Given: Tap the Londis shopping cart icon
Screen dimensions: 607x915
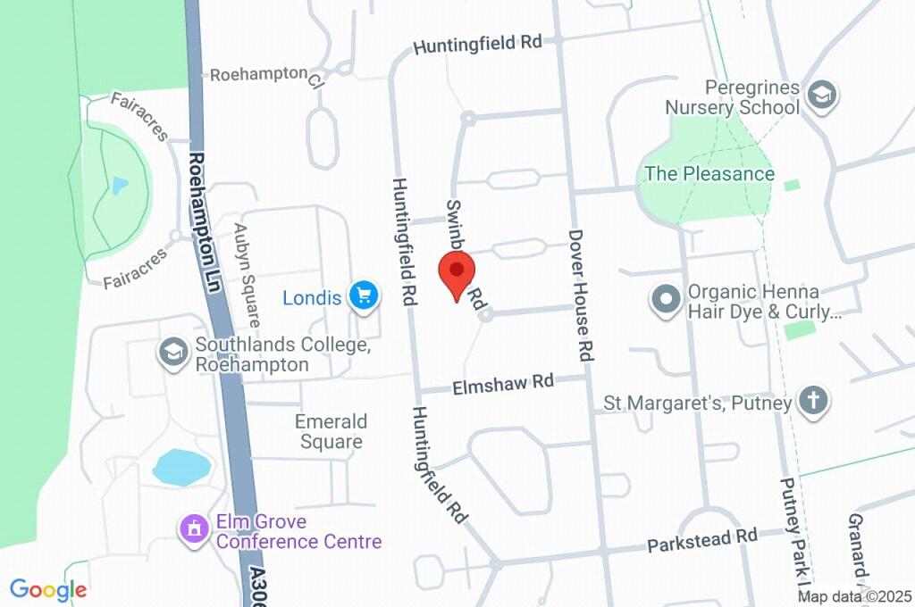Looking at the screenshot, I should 364,295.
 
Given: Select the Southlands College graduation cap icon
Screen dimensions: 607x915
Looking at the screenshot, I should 172,353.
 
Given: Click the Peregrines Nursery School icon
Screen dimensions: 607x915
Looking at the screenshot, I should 820,95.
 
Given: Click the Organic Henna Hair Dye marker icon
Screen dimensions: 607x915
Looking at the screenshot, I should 666,301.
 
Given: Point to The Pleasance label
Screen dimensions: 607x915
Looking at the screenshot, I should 709,174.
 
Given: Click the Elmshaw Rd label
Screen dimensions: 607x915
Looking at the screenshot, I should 503,385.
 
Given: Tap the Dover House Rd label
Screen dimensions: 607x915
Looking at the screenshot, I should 580,295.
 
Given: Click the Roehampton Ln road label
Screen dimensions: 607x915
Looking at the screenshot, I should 205,222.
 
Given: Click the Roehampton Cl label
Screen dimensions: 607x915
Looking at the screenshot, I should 265,74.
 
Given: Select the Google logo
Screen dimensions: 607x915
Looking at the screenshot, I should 48,590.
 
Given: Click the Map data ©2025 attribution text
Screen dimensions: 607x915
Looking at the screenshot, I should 854,596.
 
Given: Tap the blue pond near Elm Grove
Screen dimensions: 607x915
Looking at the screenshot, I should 181,467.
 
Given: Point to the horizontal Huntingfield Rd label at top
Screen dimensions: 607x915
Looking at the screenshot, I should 478,44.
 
